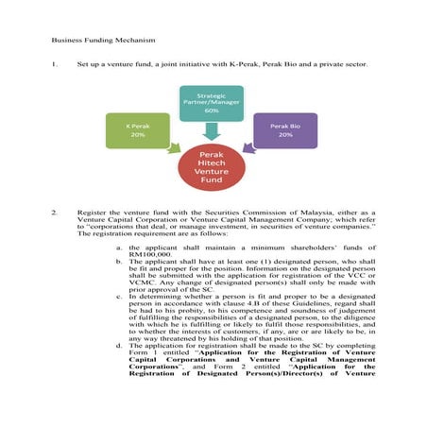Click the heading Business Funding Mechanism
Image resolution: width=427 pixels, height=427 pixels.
90,42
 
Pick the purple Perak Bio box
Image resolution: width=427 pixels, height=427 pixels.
284,130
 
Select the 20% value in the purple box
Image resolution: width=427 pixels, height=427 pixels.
284,135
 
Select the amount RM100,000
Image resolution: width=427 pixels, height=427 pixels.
149,254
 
